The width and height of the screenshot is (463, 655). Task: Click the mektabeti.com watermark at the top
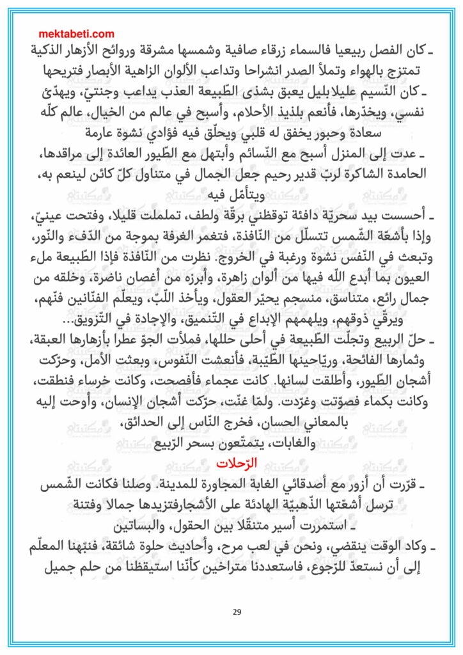[76, 34]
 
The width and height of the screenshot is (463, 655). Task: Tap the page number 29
[237, 612]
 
